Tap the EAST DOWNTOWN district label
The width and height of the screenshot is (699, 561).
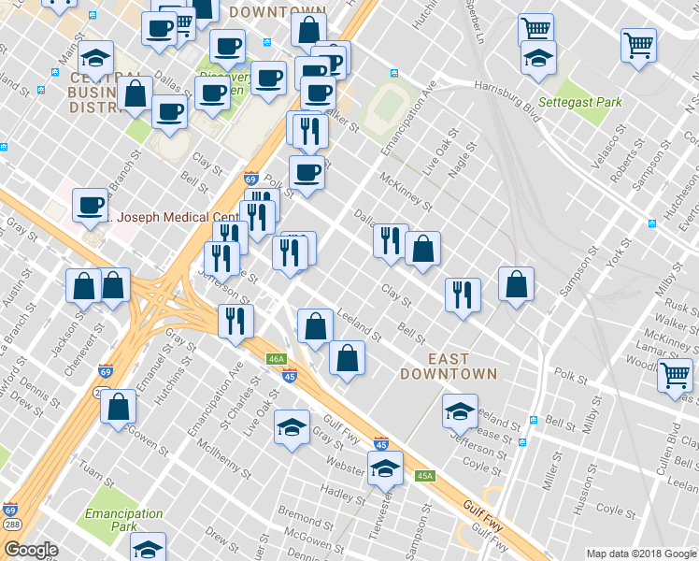coord(448,366)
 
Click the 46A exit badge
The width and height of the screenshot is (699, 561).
coord(275,358)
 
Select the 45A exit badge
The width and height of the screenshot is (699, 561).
coord(425,476)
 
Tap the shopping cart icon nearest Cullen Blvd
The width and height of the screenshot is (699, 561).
coord(676,375)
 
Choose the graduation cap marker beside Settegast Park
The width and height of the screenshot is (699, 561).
coord(538,59)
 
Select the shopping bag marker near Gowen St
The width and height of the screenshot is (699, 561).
coord(119,407)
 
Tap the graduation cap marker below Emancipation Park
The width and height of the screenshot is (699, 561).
coord(148,548)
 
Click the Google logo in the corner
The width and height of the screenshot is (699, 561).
coord(31,550)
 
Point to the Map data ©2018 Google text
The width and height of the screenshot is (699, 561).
coord(640,554)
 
